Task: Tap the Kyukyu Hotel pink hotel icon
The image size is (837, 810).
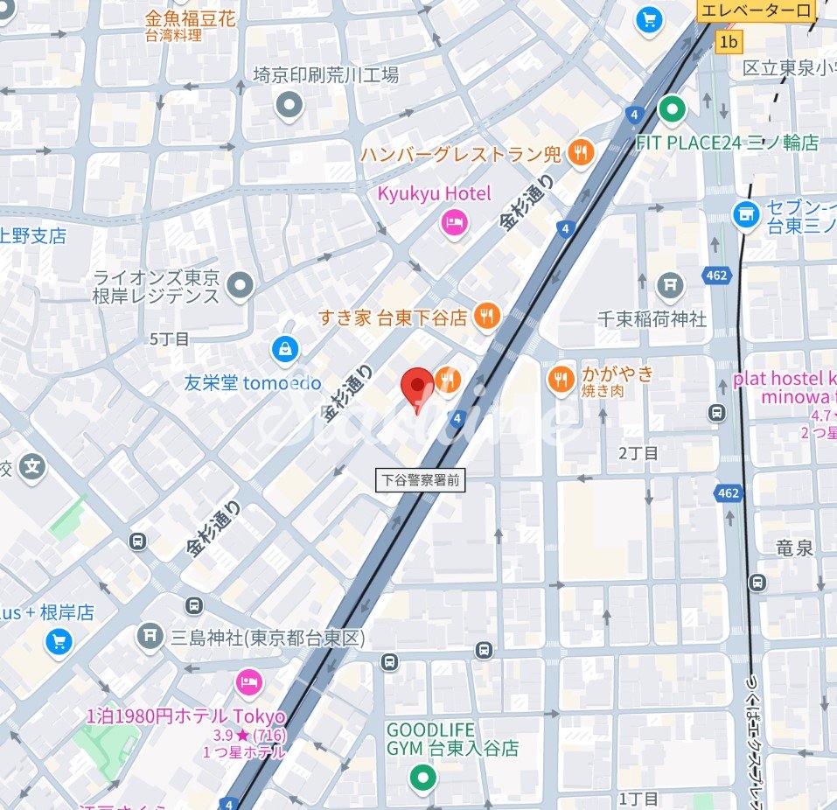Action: pos(454,223)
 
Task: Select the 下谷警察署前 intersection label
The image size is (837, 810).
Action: pos(422,479)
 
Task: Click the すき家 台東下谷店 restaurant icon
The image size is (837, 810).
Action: pos(487,317)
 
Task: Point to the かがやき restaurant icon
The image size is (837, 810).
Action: pos(561,380)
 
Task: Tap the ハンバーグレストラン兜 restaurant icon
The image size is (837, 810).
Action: pos(580,154)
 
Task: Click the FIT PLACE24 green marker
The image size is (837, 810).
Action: pos(672,110)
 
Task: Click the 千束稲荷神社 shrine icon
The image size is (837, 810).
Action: pos(670,285)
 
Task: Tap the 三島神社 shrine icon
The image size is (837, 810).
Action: pos(150,635)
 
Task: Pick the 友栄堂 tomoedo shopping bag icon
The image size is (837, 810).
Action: pos(284,351)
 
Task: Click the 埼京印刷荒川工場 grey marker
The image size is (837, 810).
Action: pos(289,107)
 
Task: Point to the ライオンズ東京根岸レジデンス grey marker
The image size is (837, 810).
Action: pos(240,284)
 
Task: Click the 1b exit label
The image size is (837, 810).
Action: pos(729,41)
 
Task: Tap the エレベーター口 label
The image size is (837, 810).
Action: pos(757,11)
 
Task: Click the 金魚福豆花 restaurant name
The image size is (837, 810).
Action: pos(190,18)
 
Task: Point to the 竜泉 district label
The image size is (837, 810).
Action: pos(795,548)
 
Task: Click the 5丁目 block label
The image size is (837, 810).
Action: pos(170,339)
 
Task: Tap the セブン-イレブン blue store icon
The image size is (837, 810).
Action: pos(746,213)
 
